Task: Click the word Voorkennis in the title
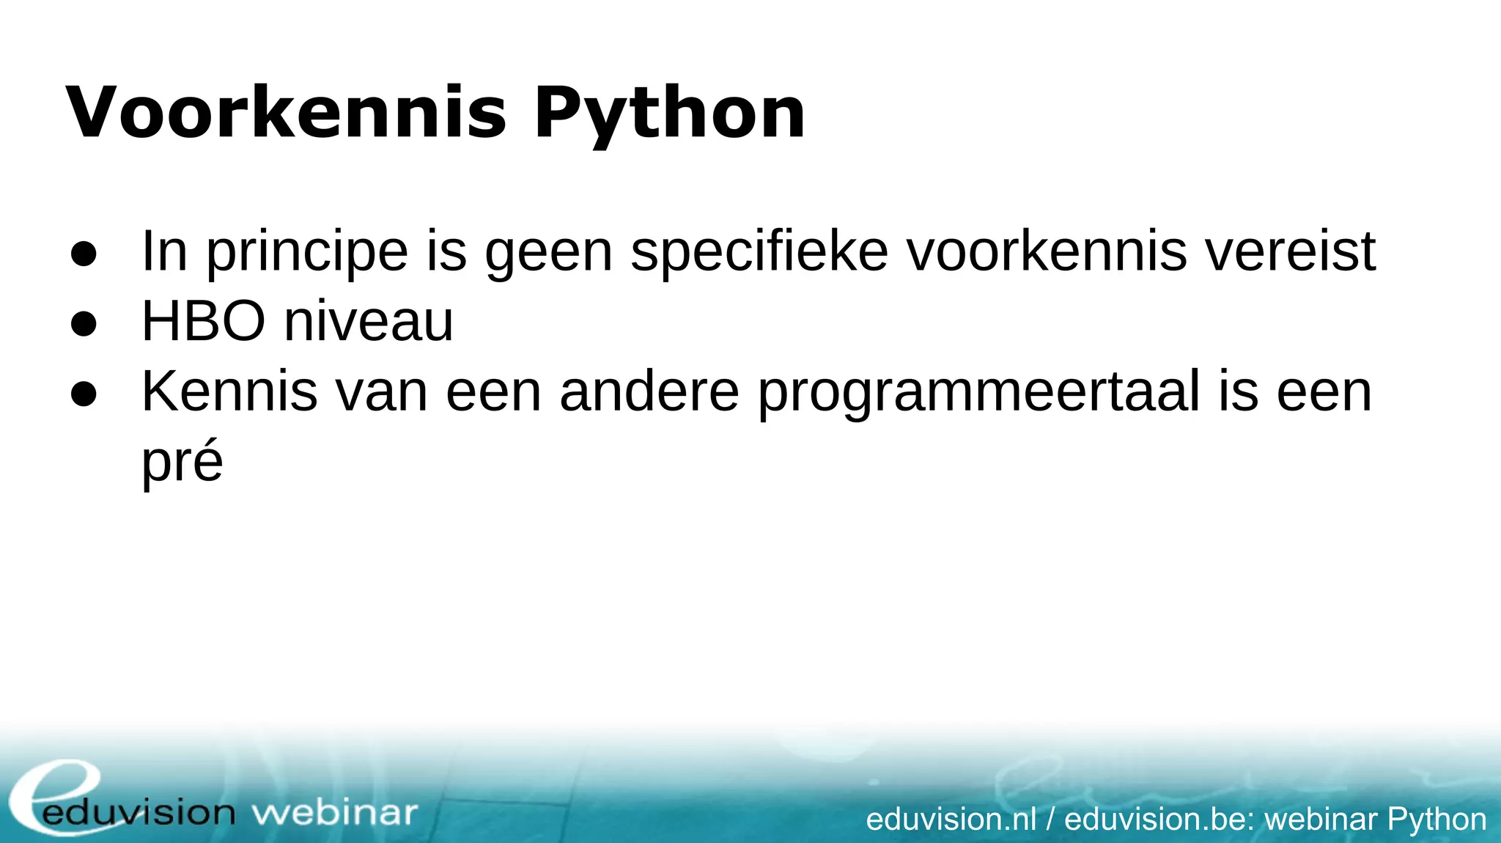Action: [x=286, y=113]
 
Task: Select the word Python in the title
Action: [x=670, y=114]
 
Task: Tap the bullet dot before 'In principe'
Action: [x=84, y=254]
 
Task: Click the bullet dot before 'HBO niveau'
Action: [x=84, y=323]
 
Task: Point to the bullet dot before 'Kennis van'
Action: [x=84, y=394]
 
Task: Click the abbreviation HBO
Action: [x=203, y=322]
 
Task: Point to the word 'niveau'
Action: [x=369, y=322]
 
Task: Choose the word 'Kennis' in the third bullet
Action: [x=229, y=392]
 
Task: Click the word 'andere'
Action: [x=649, y=392]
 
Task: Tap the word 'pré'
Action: [x=182, y=463]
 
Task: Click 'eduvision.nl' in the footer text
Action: [x=951, y=819]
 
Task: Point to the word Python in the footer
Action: [x=1437, y=820]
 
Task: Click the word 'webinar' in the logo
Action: [x=334, y=813]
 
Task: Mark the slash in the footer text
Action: [x=1050, y=819]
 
